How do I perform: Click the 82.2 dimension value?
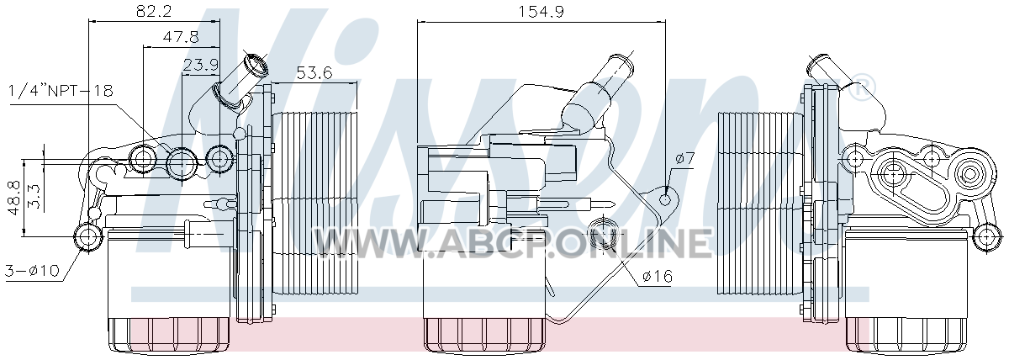tap(154, 10)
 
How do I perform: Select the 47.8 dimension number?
tap(181, 36)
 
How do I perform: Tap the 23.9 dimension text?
tap(200, 66)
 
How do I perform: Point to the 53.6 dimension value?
tap(314, 72)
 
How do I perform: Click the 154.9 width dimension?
tap(540, 11)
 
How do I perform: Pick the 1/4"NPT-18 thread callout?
tap(61, 91)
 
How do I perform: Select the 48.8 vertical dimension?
tap(15, 198)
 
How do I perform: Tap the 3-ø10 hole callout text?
tap(32, 270)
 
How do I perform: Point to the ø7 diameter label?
tap(685, 159)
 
